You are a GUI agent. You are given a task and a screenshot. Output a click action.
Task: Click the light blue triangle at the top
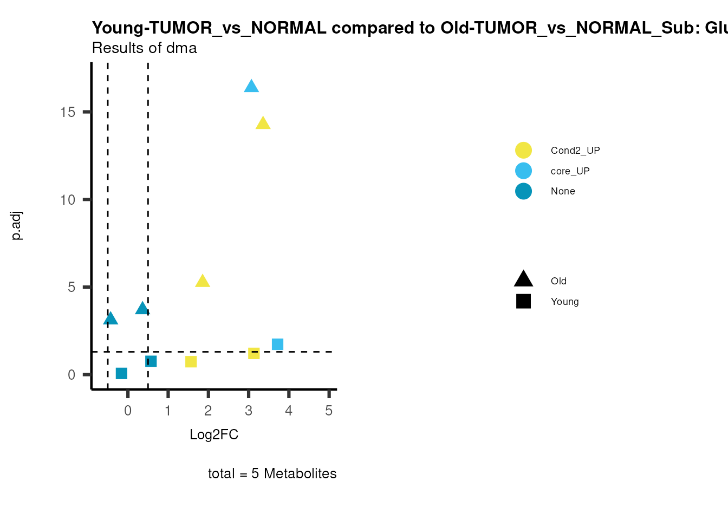(251, 87)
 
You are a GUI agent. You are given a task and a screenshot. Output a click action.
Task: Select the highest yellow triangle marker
(263, 123)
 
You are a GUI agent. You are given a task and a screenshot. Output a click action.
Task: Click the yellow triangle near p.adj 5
(203, 281)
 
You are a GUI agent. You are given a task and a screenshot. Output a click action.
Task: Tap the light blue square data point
(277, 344)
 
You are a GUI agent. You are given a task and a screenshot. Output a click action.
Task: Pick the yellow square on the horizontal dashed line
(253, 353)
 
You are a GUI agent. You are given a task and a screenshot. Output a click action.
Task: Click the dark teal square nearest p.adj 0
(121, 373)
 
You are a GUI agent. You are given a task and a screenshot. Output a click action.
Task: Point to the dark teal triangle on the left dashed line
(110, 318)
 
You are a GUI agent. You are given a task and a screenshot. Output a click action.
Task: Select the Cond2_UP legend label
(575, 151)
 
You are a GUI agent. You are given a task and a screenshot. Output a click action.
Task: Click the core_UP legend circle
(523, 171)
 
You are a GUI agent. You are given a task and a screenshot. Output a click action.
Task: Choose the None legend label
(563, 191)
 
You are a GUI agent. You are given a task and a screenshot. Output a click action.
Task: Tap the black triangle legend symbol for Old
(523, 279)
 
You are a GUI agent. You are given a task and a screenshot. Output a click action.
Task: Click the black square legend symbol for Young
(523, 301)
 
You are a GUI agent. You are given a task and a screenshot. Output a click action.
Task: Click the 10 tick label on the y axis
(68, 200)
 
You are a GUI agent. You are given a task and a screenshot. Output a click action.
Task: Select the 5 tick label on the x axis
(329, 411)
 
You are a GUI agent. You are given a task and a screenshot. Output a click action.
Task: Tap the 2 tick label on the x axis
(208, 411)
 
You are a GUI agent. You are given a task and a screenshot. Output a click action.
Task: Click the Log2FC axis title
(214, 435)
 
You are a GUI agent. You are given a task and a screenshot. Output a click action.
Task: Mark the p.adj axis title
(17, 226)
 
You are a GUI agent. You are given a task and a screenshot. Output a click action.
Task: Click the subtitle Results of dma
(144, 48)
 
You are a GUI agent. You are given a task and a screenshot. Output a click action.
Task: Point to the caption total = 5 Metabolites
(272, 474)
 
